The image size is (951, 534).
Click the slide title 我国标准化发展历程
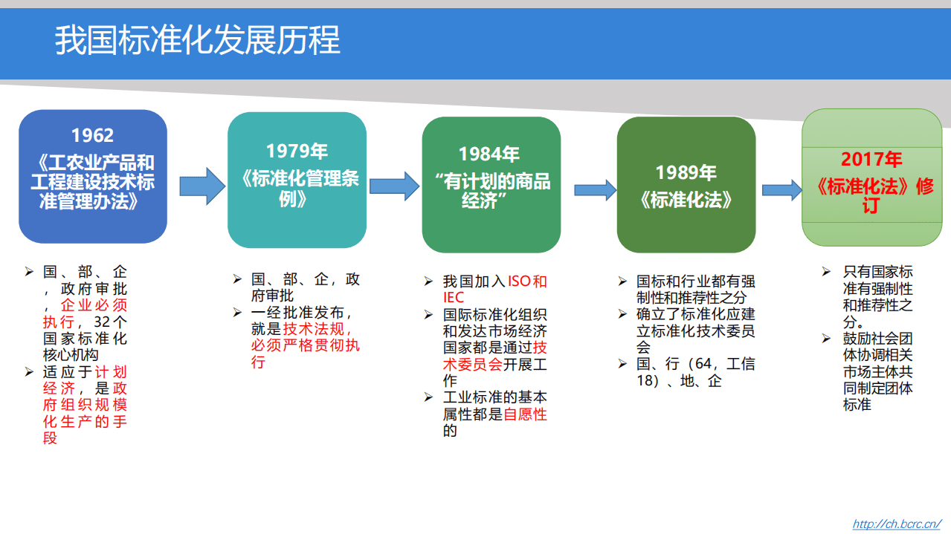pyautogui.click(x=197, y=40)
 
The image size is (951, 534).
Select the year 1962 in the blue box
pyautogui.click(x=92, y=135)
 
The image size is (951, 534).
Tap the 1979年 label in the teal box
pyautogui.click(x=297, y=151)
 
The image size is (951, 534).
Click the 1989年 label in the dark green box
pyautogui.click(x=686, y=172)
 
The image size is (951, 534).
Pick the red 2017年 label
pyautogui.click(x=871, y=159)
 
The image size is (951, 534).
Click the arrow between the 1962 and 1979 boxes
pyautogui.click(x=201, y=186)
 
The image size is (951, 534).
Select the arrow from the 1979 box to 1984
pyautogui.click(x=394, y=186)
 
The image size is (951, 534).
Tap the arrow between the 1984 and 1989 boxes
pyautogui.click(x=595, y=190)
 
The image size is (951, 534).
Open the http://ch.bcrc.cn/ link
pyautogui.click(x=897, y=524)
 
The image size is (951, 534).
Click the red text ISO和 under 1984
pyautogui.click(x=527, y=281)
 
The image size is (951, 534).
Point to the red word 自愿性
pyautogui.click(x=525, y=414)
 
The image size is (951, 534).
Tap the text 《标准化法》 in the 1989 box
pyautogui.click(x=686, y=199)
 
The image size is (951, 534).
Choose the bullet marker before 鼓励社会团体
pyautogui.click(x=826, y=338)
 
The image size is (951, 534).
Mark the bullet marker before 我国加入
pyautogui.click(x=428, y=281)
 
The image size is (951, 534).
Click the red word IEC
pyautogui.click(x=453, y=298)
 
